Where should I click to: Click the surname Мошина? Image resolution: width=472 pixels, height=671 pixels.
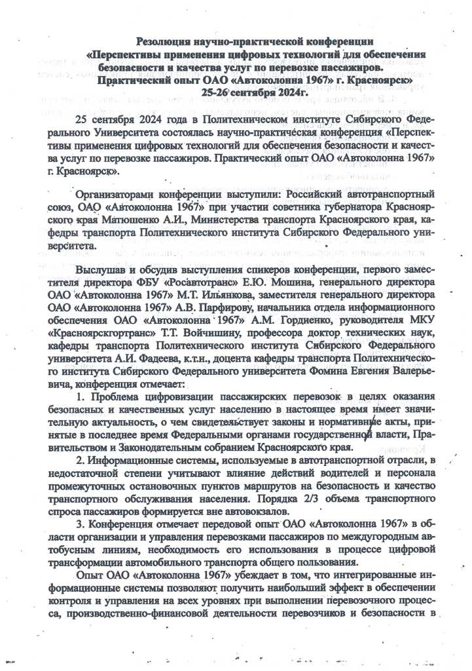tap(278, 283)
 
